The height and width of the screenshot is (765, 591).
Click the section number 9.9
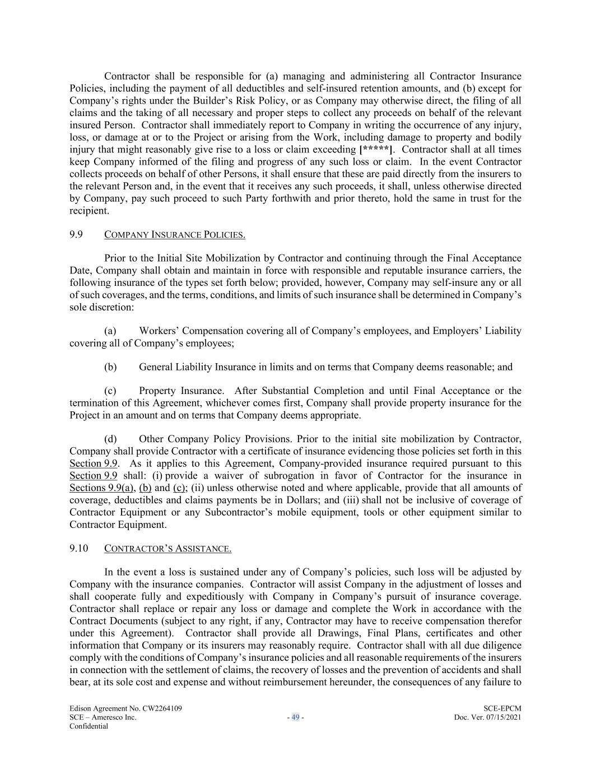pos(76,234)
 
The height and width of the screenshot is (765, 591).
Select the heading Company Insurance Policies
pos(175,234)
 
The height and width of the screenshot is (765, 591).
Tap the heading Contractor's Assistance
pos(167,548)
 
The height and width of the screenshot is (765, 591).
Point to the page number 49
pos(295,717)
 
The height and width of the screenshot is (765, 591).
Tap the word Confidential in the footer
pos(89,726)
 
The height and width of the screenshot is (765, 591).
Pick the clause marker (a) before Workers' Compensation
pos(110,331)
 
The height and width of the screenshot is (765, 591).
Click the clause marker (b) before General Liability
pos(110,367)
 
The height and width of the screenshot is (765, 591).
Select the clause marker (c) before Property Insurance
pos(110,391)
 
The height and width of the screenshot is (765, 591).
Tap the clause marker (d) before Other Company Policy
pos(110,439)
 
